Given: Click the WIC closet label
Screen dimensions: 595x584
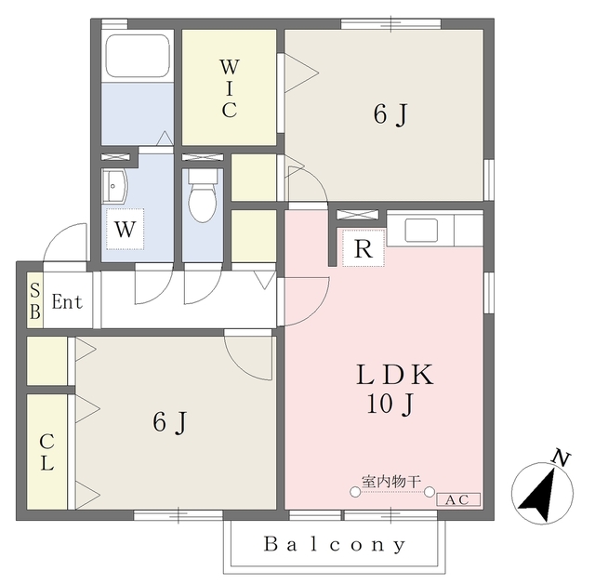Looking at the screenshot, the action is tap(230, 88).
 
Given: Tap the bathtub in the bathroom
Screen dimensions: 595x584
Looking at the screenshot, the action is tap(138, 56).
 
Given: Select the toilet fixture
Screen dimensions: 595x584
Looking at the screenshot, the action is tap(203, 195).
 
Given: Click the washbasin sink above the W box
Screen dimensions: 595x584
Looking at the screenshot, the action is tap(114, 186).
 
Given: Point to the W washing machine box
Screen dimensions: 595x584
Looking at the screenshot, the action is tap(126, 229).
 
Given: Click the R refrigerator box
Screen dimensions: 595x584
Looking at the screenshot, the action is tap(364, 248).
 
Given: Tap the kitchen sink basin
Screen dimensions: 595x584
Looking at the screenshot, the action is tap(421, 230).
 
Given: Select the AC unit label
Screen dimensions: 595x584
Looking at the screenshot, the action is tap(458, 499).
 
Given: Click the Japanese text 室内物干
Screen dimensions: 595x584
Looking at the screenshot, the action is tap(391, 482).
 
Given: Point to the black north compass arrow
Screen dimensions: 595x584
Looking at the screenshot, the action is tap(538, 496).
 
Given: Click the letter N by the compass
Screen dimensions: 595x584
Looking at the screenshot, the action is tap(561, 458).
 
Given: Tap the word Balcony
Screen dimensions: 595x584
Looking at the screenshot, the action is tap(335, 545).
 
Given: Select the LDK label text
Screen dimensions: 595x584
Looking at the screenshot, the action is tap(394, 375).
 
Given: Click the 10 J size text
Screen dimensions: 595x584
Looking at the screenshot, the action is tap(390, 405).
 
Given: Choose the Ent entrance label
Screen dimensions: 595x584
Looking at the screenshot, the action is tap(67, 302).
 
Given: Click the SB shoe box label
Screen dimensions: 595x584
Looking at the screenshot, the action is tap(35, 302).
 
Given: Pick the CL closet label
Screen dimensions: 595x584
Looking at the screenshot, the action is tap(46, 452).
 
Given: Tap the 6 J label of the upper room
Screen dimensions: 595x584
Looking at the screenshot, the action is tap(390, 114).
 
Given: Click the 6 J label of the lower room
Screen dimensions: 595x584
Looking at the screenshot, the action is tap(170, 422).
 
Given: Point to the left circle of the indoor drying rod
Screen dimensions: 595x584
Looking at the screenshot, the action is tap(355, 492).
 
